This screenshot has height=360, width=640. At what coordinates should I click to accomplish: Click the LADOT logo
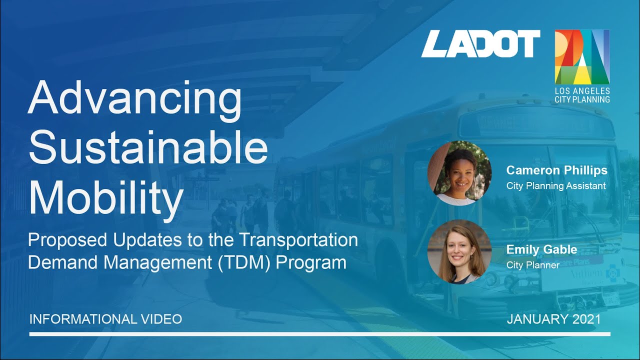pos(480,43)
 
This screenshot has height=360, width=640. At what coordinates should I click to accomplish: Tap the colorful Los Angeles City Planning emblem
pos(582,56)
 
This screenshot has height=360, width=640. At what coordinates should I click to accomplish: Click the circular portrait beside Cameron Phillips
pos(460,173)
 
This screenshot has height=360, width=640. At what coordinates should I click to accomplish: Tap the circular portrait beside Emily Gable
pos(460,251)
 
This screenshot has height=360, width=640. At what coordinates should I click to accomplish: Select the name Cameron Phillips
pos(556,170)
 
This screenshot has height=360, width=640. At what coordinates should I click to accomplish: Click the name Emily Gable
pos(541,249)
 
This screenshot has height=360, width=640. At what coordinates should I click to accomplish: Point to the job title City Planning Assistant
pos(556,186)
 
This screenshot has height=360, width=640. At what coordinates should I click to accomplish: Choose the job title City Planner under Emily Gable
pos(532,265)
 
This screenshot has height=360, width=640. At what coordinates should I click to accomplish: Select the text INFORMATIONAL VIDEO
pos(105,319)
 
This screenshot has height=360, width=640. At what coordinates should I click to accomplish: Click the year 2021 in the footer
pos(584,319)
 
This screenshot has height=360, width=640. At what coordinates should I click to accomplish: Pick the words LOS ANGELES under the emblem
pos(582,91)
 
